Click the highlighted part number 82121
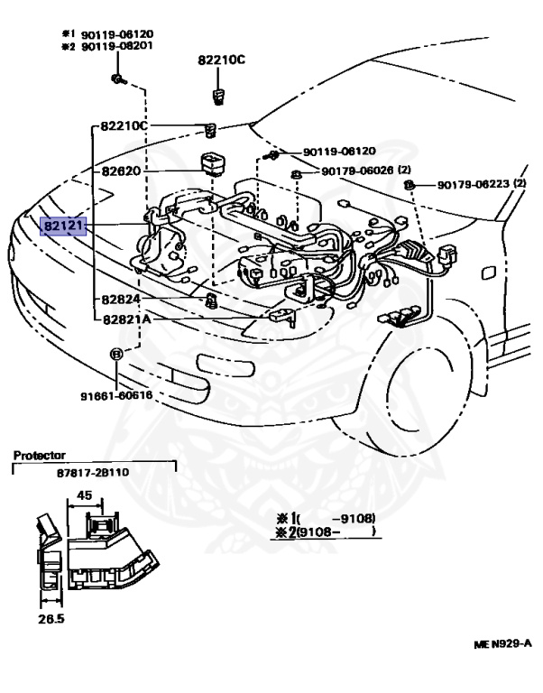64,225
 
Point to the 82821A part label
125,319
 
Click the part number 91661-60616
115,394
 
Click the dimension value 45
84,494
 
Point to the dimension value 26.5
47,621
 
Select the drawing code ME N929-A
502,644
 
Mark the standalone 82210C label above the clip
222,60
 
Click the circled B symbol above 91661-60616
115,354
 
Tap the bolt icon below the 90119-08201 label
117,79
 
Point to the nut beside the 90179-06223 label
410,185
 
